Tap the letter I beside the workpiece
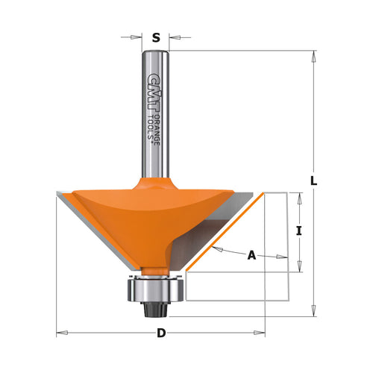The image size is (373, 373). point(298,231)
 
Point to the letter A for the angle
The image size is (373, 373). point(251,256)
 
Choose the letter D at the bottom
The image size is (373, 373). point(160,333)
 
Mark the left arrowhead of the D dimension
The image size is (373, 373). point(61,333)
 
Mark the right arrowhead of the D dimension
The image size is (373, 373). point(261,333)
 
